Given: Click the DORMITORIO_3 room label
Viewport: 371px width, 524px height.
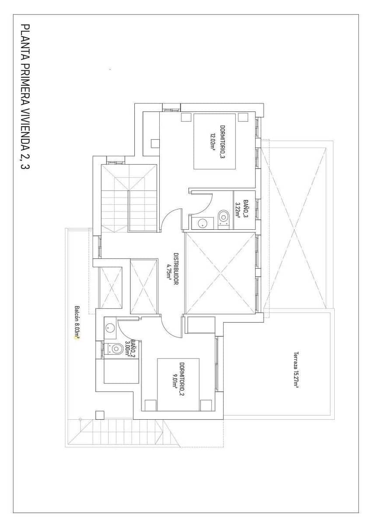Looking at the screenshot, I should point(223,141).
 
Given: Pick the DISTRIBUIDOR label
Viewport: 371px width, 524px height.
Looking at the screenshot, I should point(176,269).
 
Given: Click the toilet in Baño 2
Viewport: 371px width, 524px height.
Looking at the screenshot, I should point(116,348).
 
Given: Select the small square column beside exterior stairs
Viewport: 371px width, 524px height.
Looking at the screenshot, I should point(100,415).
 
